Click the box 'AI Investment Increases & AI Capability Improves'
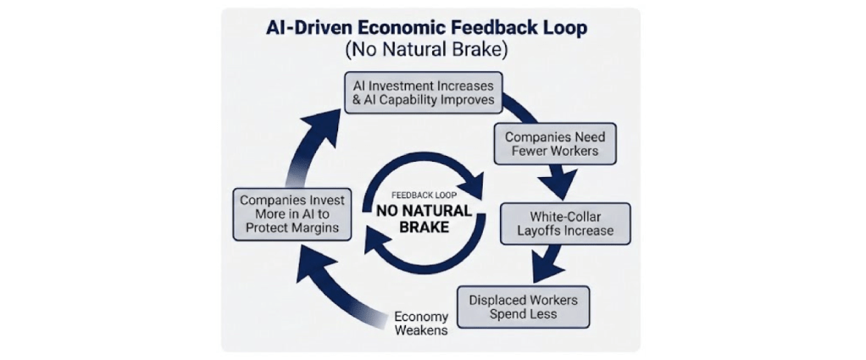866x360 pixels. [423, 92]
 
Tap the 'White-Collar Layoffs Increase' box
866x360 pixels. [565, 222]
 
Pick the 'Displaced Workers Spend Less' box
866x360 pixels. [523, 307]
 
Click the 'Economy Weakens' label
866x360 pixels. [421, 324]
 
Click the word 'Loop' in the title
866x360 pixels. [563, 26]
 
